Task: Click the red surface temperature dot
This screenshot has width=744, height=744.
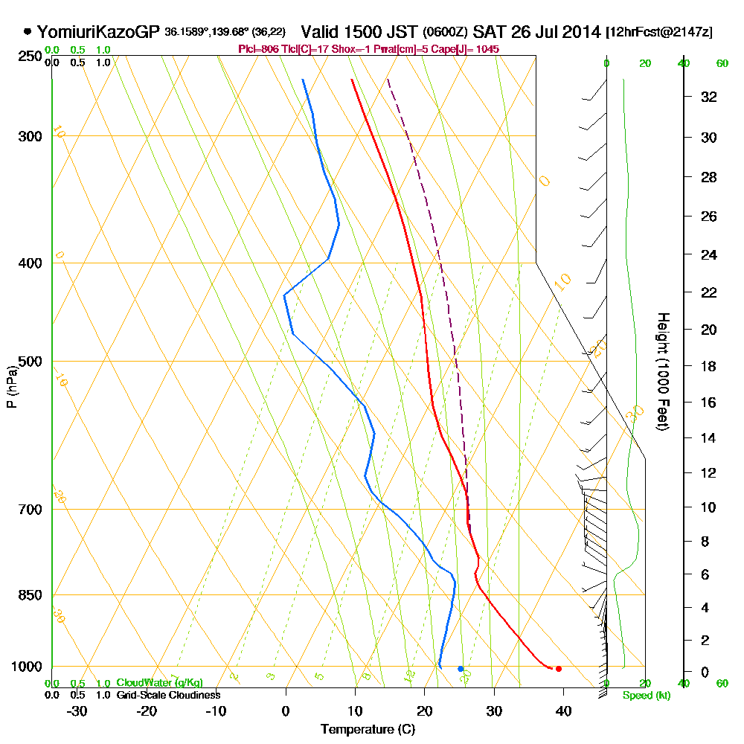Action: coord(559,669)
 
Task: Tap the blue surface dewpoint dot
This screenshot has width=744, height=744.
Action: coord(461,669)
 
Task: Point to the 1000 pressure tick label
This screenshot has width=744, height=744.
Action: coord(26,667)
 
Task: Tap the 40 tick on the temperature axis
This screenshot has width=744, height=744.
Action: coord(563,711)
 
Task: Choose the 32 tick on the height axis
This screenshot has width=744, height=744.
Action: coord(709,97)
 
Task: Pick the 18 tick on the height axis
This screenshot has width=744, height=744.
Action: coord(709,366)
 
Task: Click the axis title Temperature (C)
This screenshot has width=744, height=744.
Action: coord(368,730)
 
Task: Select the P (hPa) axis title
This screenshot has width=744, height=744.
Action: coord(11,386)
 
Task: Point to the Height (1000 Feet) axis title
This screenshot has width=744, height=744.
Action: coord(662,371)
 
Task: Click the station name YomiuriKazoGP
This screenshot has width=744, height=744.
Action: coord(98,32)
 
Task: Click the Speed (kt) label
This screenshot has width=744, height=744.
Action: coord(644,696)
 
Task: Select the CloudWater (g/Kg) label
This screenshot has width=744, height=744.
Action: coord(159,683)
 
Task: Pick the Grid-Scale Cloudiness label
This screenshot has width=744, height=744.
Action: coord(168,695)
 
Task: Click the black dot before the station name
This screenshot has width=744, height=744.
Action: coord(28,32)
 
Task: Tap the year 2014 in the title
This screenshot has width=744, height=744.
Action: coord(582,32)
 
